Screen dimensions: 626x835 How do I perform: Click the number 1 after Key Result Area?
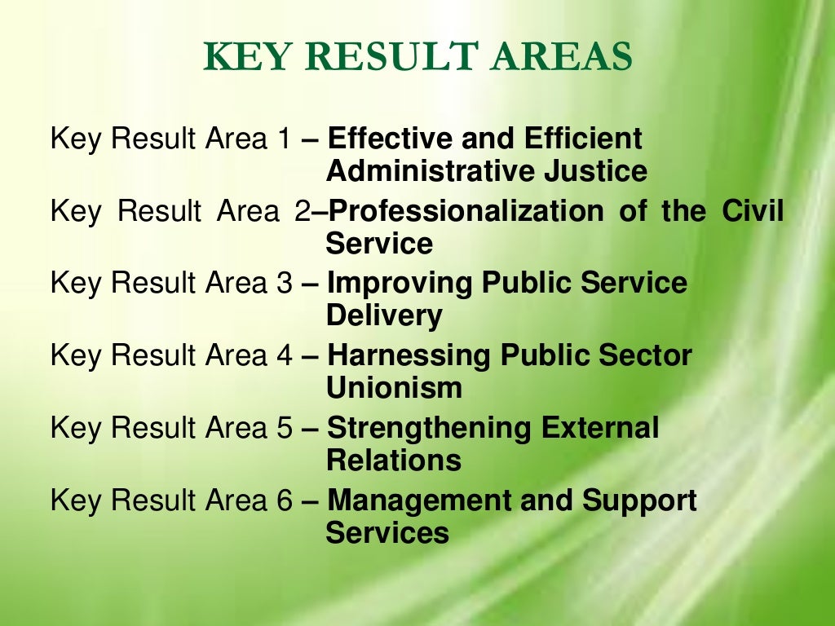[282, 139]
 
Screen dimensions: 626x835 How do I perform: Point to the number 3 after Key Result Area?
[282, 284]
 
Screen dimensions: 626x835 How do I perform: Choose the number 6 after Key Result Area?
[282, 500]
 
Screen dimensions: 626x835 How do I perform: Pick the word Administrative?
[429, 172]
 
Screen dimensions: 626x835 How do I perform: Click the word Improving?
[400, 284]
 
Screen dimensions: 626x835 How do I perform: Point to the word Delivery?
[384, 316]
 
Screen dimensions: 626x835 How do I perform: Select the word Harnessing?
[409, 356]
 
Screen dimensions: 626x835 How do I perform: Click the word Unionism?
[394, 389]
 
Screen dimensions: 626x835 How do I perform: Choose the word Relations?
[394, 461]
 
